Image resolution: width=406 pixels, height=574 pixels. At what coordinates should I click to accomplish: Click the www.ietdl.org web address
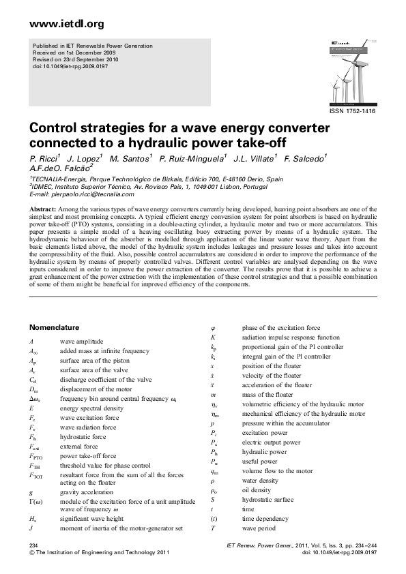(x=67, y=25)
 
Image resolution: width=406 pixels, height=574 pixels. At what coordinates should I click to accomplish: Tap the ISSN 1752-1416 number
(x=353, y=111)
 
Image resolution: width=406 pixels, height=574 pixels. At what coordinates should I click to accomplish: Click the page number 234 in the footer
(x=33, y=547)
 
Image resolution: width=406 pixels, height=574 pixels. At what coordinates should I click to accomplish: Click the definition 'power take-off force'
(x=88, y=456)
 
